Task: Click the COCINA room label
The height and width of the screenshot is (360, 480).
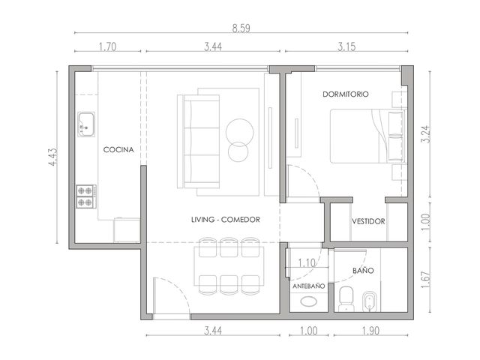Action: pos(118,150)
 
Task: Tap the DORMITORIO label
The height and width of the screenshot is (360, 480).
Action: pos(346,94)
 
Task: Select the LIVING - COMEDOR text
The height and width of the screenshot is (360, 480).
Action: pos(226,220)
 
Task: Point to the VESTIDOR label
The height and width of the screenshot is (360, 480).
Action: pos(368,221)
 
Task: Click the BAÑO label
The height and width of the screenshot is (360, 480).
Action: pos(363,270)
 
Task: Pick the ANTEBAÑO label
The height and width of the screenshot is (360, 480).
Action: pos(308,286)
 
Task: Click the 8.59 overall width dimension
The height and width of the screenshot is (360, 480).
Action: pos(241,28)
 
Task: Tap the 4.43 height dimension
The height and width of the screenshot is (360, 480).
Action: pos(52,157)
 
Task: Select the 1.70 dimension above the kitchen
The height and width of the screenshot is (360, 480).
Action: pos(108,46)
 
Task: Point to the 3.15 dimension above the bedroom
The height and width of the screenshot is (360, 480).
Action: pos(346,46)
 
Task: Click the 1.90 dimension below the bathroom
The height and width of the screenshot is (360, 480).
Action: pos(370,331)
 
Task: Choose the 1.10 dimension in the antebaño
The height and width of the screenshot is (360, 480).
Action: pos(307,262)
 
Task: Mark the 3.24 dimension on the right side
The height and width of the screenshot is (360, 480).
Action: pos(426,134)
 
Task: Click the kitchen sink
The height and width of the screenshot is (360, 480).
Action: pos(86,124)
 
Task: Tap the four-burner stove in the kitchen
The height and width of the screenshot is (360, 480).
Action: pos(86,196)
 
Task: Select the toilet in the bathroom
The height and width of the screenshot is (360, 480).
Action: pos(346,299)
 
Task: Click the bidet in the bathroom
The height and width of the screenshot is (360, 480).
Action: pos(370,301)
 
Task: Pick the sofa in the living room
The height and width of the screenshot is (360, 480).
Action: pos(199,141)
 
